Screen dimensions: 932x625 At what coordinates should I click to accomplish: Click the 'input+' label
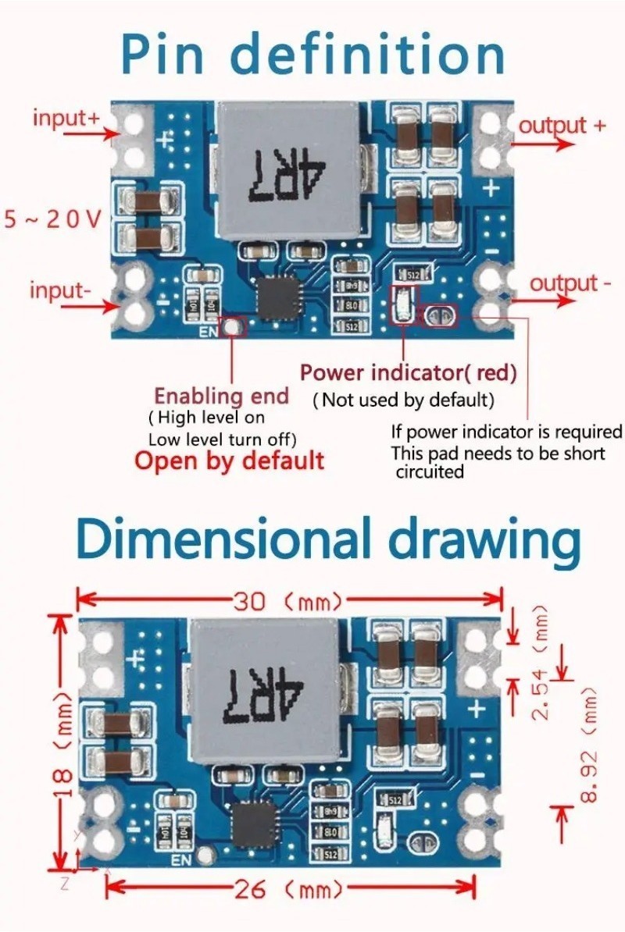tap(66, 119)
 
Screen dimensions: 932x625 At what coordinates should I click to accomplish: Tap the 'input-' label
tap(60, 290)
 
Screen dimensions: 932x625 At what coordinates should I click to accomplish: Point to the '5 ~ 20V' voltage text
tap(52, 219)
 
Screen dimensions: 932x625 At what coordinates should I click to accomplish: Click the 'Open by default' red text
tap(229, 460)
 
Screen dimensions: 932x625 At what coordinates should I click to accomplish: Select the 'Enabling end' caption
tap(221, 396)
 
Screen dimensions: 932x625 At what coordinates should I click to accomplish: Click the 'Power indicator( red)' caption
tap(409, 373)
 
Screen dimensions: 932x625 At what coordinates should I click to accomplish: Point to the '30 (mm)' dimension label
tap(287, 601)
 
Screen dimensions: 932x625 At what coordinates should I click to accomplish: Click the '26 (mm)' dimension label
tap(287, 889)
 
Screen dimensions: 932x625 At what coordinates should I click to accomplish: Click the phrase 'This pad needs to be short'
tap(498, 454)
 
